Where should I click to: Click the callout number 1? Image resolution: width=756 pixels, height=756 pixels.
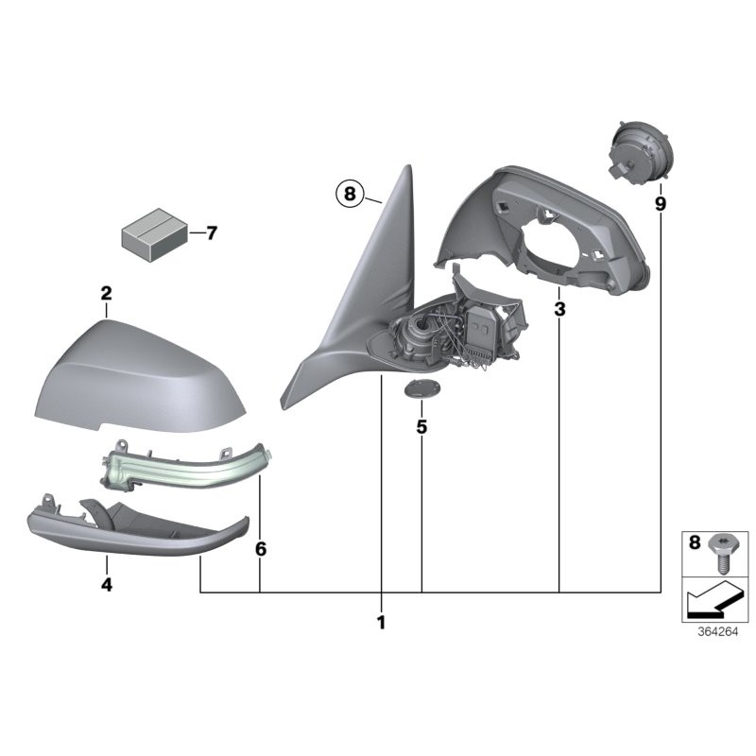[382, 624]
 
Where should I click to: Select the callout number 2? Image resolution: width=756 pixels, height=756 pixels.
[107, 294]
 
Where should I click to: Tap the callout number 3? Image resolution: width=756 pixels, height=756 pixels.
[559, 309]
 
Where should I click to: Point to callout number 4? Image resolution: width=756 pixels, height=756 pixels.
[107, 586]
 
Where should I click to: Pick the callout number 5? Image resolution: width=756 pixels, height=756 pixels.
[421, 427]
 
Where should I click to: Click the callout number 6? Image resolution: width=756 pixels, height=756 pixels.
[261, 549]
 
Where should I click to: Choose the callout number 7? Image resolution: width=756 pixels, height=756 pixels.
[211, 232]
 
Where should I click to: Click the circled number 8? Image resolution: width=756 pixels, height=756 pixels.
[349, 196]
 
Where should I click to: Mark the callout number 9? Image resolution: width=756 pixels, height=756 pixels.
[660, 203]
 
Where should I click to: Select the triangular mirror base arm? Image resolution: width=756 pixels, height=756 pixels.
[364, 293]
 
